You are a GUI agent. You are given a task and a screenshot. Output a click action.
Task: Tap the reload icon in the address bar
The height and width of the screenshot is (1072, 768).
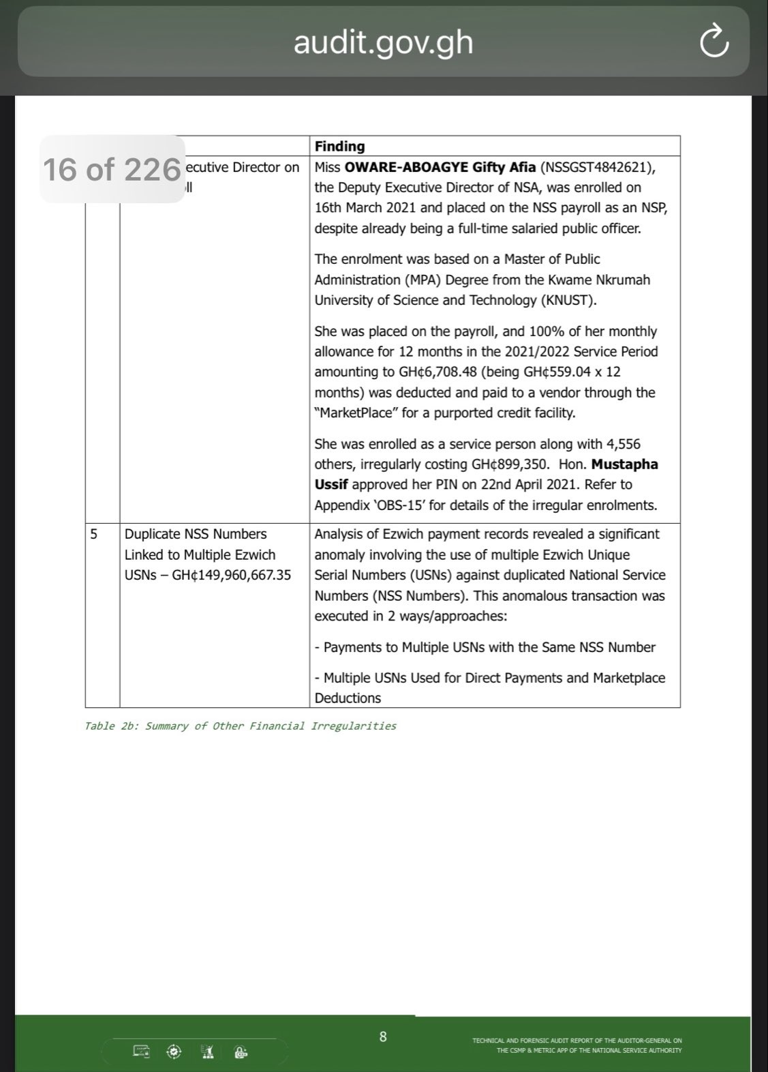[714, 42]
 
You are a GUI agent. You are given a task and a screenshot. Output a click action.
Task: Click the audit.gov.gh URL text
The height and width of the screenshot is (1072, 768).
[383, 42]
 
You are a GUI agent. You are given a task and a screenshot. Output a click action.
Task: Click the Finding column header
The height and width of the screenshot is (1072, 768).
[339, 146]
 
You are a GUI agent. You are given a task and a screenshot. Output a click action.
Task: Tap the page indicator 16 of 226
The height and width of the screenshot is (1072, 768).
[112, 169]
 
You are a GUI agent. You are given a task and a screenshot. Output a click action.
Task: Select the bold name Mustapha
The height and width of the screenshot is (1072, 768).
[624, 464]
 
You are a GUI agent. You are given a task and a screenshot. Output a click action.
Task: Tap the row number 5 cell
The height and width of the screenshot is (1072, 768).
[94, 534]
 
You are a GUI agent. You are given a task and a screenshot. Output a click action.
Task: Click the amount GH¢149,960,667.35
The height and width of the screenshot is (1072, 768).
[231, 575]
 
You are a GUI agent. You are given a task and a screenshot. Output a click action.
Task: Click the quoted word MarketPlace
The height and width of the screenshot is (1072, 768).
[355, 413]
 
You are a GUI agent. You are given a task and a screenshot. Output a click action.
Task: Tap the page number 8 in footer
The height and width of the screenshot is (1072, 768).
[383, 1037]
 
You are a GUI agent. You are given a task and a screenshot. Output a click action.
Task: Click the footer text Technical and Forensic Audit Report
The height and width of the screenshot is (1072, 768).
[577, 1041]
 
